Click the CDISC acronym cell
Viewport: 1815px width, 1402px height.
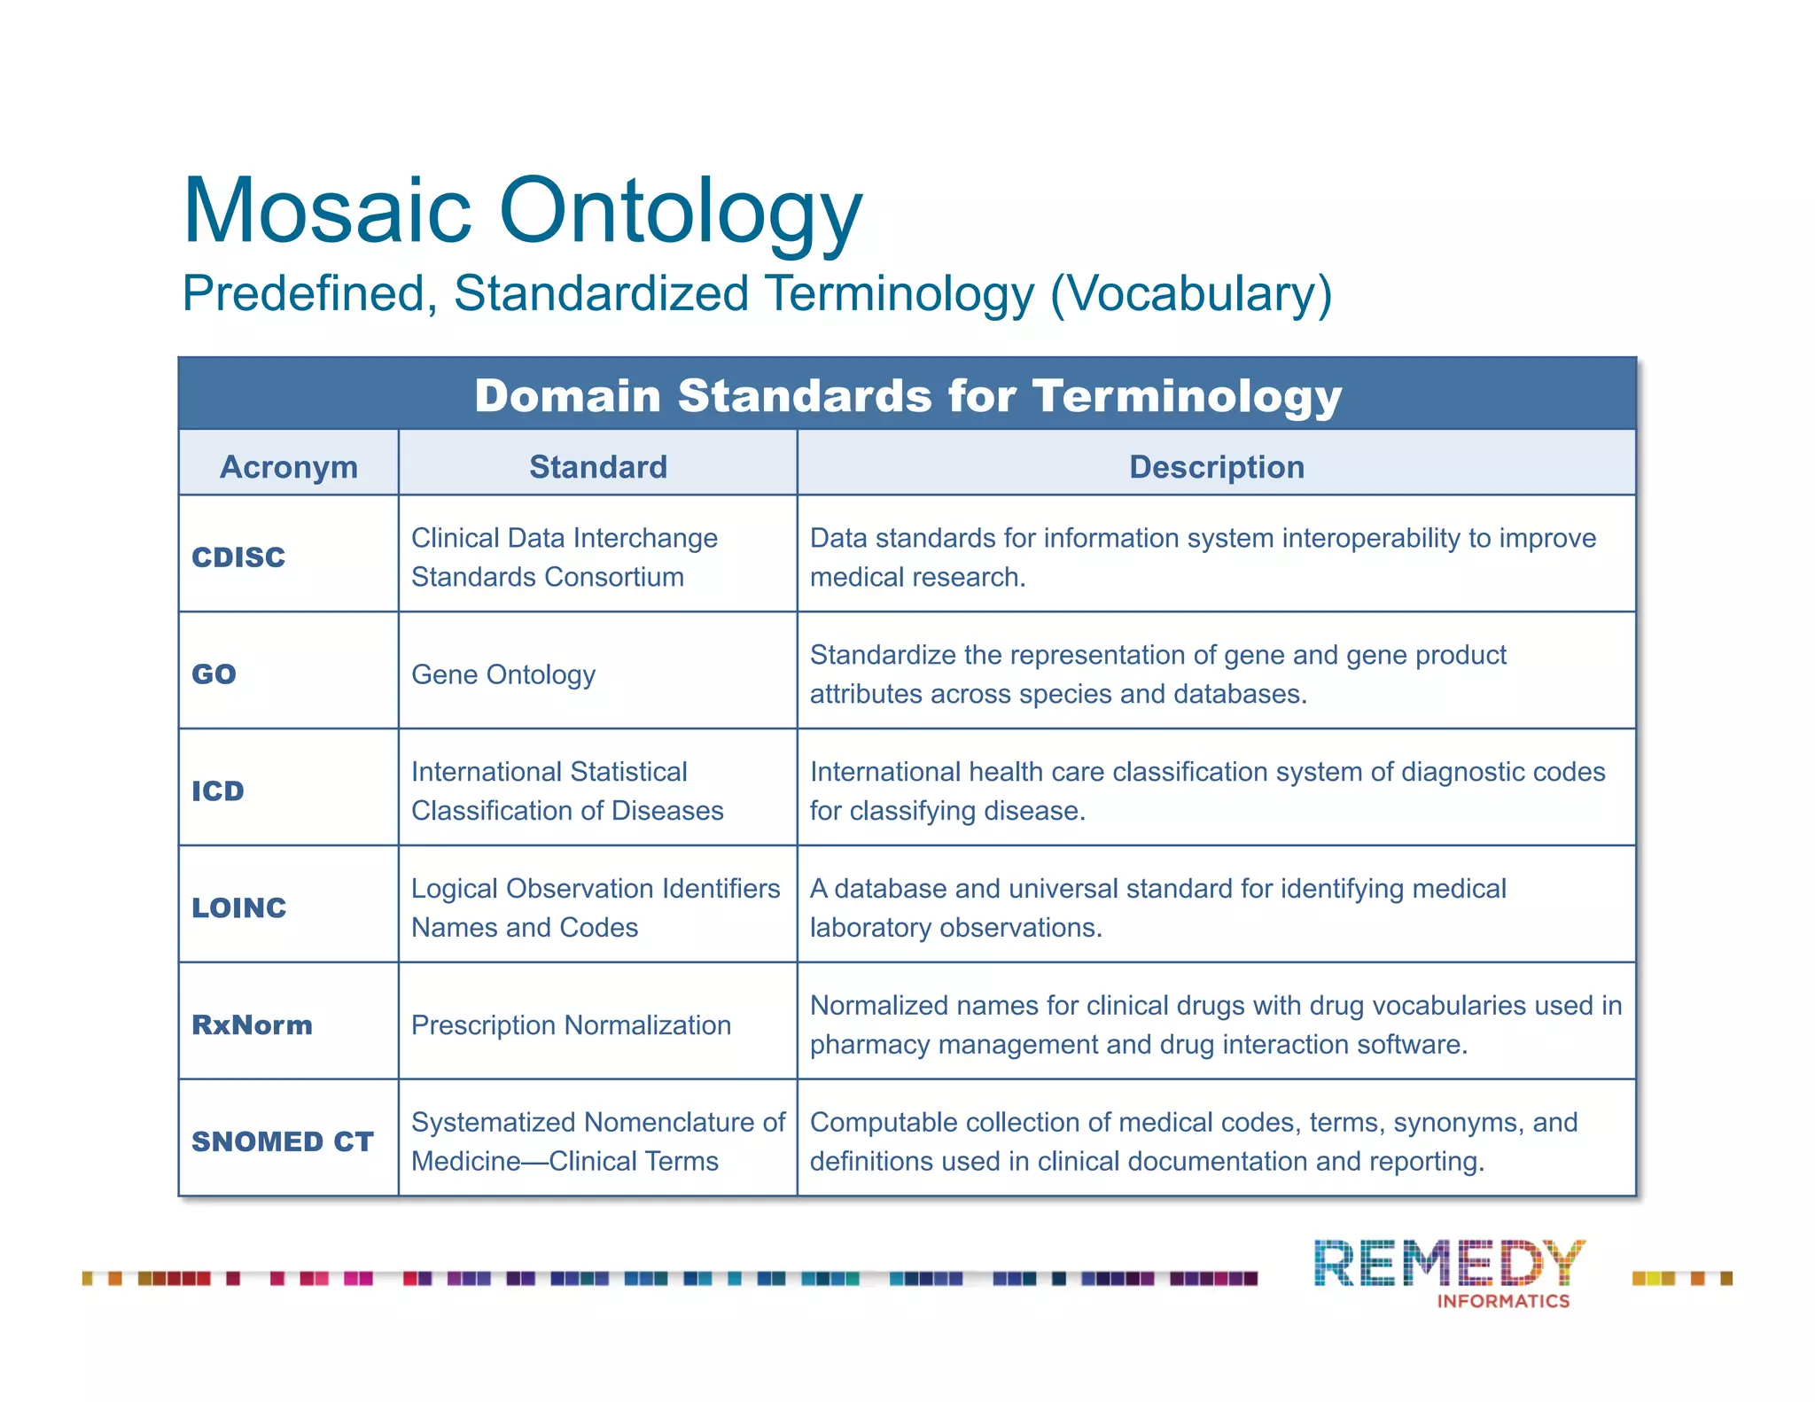pyautogui.click(x=238, y=557)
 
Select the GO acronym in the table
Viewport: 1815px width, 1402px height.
pyautogui.click(x=214, y=674)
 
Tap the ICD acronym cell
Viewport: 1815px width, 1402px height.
pyautogui.click(x=218, y=791)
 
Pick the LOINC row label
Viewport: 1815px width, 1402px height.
pyautogui.click(x=239, y=907)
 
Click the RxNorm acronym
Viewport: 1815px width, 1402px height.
pyautogui.click(x=253, y=1024)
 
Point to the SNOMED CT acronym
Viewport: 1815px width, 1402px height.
pyautogui.click(x=283, y=1141)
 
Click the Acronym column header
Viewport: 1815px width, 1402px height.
pyautogui.click(x=289, y=467)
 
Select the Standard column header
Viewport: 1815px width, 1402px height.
pyautogui.click(x=598, y=467)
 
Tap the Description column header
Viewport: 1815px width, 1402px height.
pyautogui.click(x=1217, y=467)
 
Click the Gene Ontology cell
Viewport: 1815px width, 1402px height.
pyautogui.click(x=503, y=674)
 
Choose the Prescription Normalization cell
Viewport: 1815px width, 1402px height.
pyautogui.click(x=572, y=1025)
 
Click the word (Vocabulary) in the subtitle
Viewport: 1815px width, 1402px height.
pyautogui.click(x=1191, y=294)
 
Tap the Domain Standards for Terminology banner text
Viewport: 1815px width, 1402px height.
pyautogui.click(x=907, y=395)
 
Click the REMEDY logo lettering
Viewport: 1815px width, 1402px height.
pyautogui.click(x=1449, y=1264)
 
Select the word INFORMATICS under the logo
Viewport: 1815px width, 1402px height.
pyautogui.click(x=1503, y=1301)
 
